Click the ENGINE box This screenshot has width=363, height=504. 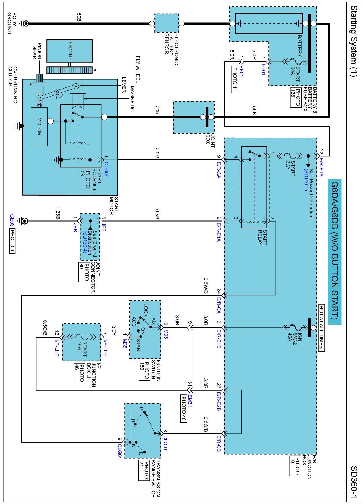click(69, 51)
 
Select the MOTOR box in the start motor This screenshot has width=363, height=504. click(39, 126)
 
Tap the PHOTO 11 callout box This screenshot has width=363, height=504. click(235, 79)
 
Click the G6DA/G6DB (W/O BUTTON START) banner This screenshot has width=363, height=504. click(335, 251)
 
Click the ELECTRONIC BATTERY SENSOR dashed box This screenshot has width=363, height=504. click(167, 23)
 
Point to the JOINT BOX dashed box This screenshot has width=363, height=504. click(194, 117)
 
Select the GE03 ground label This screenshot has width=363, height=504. click(12, 221)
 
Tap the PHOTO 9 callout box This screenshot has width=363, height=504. click(12, 241)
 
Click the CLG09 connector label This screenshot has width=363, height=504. click(106, 169)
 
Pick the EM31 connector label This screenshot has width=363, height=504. click(190, 401)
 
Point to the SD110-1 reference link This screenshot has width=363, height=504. click(306, 180)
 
